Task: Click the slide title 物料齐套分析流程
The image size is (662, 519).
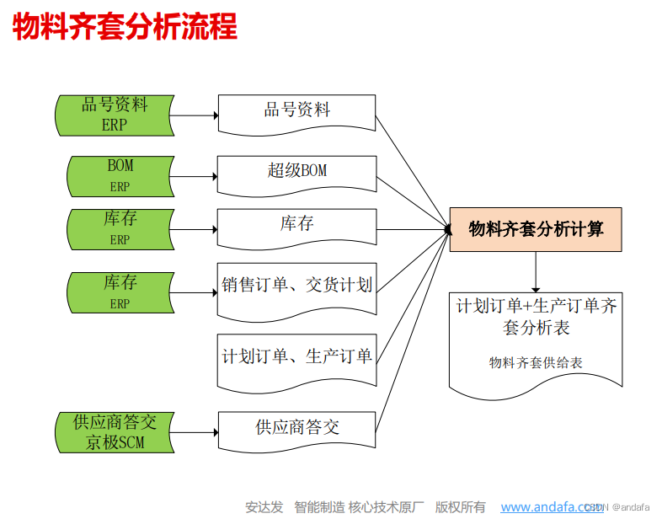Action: click(x=125, y=28)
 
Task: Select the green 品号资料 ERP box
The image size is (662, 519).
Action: click(x=115, y=115)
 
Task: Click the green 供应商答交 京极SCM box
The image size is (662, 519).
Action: click(x=115, y=431)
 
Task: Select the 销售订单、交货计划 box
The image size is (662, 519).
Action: click(x=296, y=287)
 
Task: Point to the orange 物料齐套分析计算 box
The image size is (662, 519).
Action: click(x=536, y=229)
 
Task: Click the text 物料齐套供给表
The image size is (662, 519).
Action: click(x=536, y=363)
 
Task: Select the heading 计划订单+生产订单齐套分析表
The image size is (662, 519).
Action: click(x=536, y=316)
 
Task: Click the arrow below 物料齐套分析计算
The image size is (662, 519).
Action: click(x=536, y=272)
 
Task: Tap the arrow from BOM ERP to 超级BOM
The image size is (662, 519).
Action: click(x=195, y=176)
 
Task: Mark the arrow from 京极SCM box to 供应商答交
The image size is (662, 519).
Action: click(x=195, y=431)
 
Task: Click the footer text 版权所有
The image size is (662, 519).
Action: click(x=460, y=507)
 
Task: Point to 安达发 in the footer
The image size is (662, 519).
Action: click(x=264, y=507)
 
